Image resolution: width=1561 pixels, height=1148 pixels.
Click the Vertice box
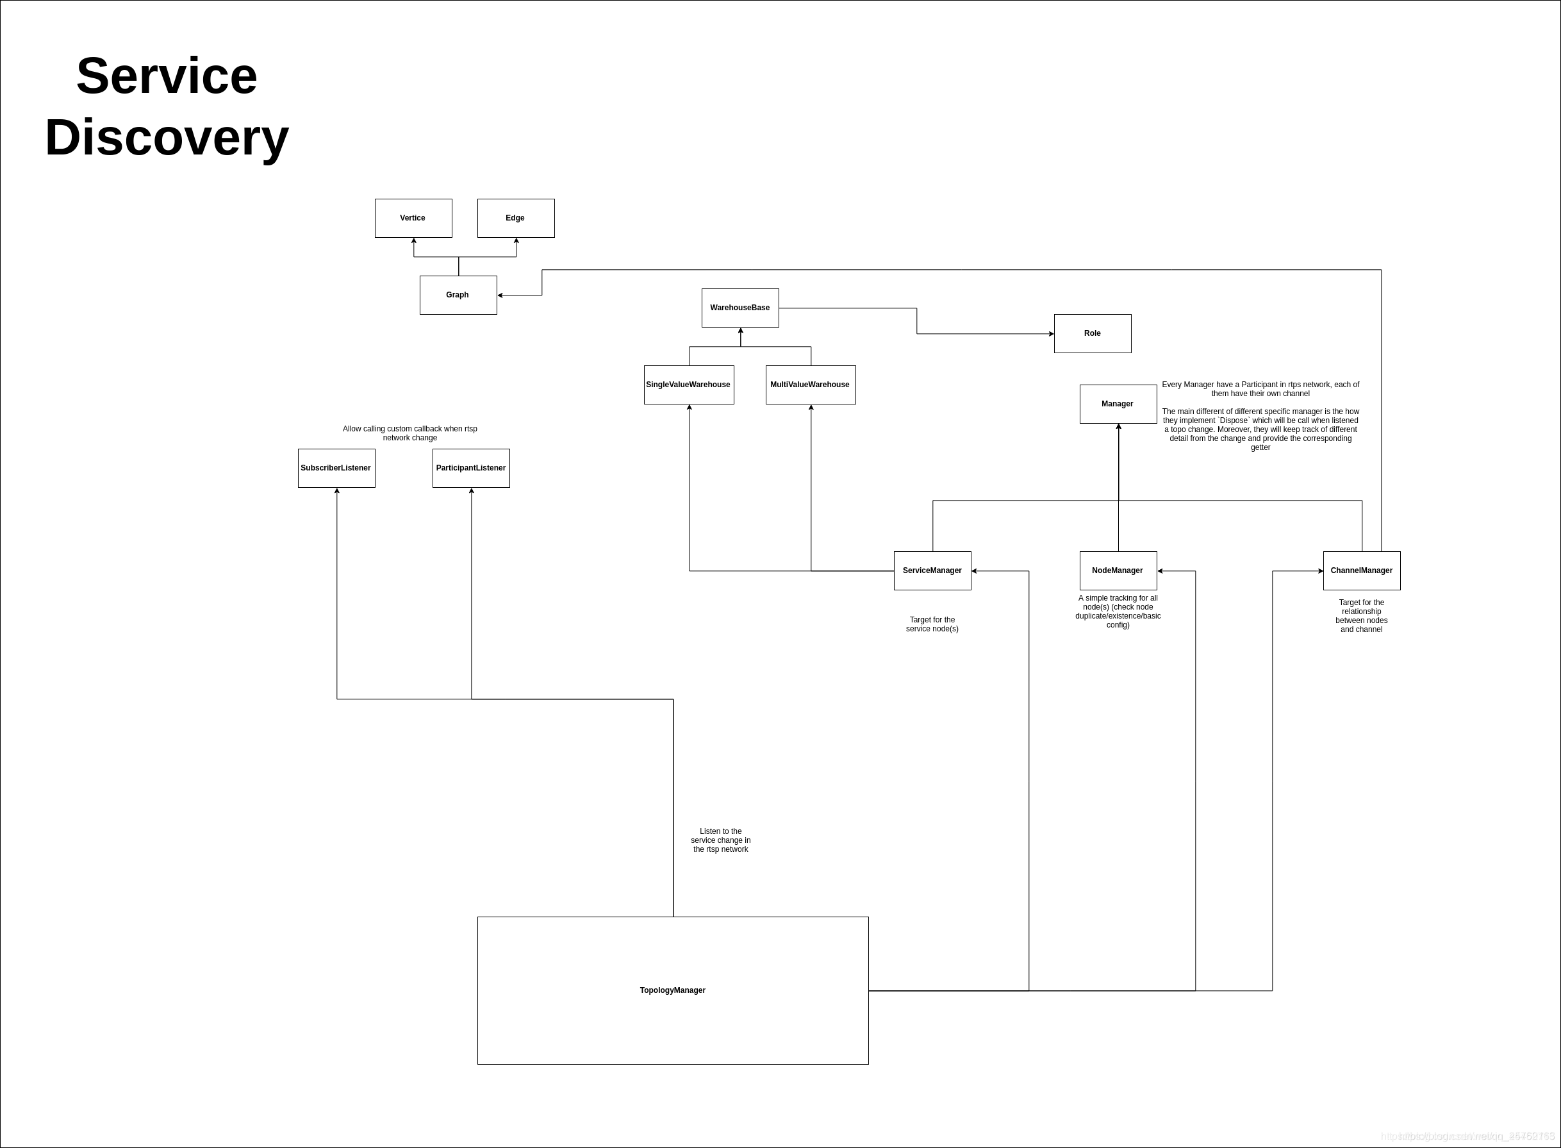(413, 218)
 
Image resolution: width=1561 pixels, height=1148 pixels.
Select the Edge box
(515, 218)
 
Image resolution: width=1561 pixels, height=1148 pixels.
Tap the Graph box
(458, 295)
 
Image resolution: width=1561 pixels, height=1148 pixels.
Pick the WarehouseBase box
(740, 308)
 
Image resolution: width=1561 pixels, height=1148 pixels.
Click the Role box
(1092, 333)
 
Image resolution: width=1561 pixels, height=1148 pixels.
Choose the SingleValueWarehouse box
(688, 385)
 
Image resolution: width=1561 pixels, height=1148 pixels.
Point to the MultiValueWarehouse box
(810, 385)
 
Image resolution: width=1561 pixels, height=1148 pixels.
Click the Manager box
(1118, 404)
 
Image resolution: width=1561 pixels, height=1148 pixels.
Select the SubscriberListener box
(336, 468)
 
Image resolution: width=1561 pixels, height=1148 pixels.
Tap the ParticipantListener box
(471, 468)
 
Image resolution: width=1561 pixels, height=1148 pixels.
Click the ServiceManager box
(932, 570)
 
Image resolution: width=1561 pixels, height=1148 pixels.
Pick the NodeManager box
(1118, 570)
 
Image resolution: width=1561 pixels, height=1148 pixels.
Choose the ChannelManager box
(1362, 570)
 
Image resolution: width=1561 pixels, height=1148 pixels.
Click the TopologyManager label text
(672, 990)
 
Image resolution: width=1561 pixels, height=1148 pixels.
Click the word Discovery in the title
(167, 137)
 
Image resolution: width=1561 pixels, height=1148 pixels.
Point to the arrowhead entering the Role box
(1050, 333)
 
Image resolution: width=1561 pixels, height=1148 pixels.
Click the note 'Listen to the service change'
(720, 840)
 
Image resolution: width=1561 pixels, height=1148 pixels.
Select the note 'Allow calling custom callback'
(410, 433)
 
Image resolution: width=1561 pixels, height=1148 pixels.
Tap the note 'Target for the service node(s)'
(932, 624)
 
